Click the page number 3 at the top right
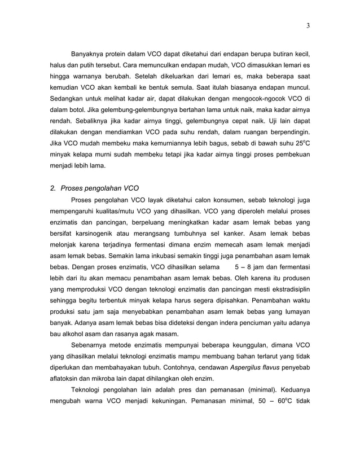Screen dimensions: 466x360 (309, 25)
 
